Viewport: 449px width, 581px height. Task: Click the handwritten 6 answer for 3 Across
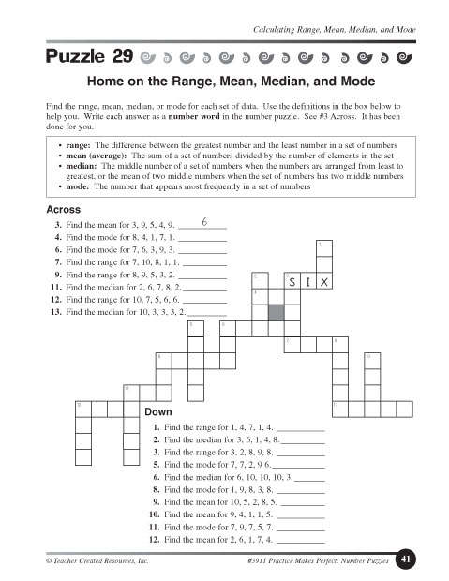click(x=203, y=224)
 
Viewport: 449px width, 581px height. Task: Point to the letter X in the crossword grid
click(x=324, y=282)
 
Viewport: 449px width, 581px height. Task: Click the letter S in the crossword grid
click(x=292, y=282)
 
